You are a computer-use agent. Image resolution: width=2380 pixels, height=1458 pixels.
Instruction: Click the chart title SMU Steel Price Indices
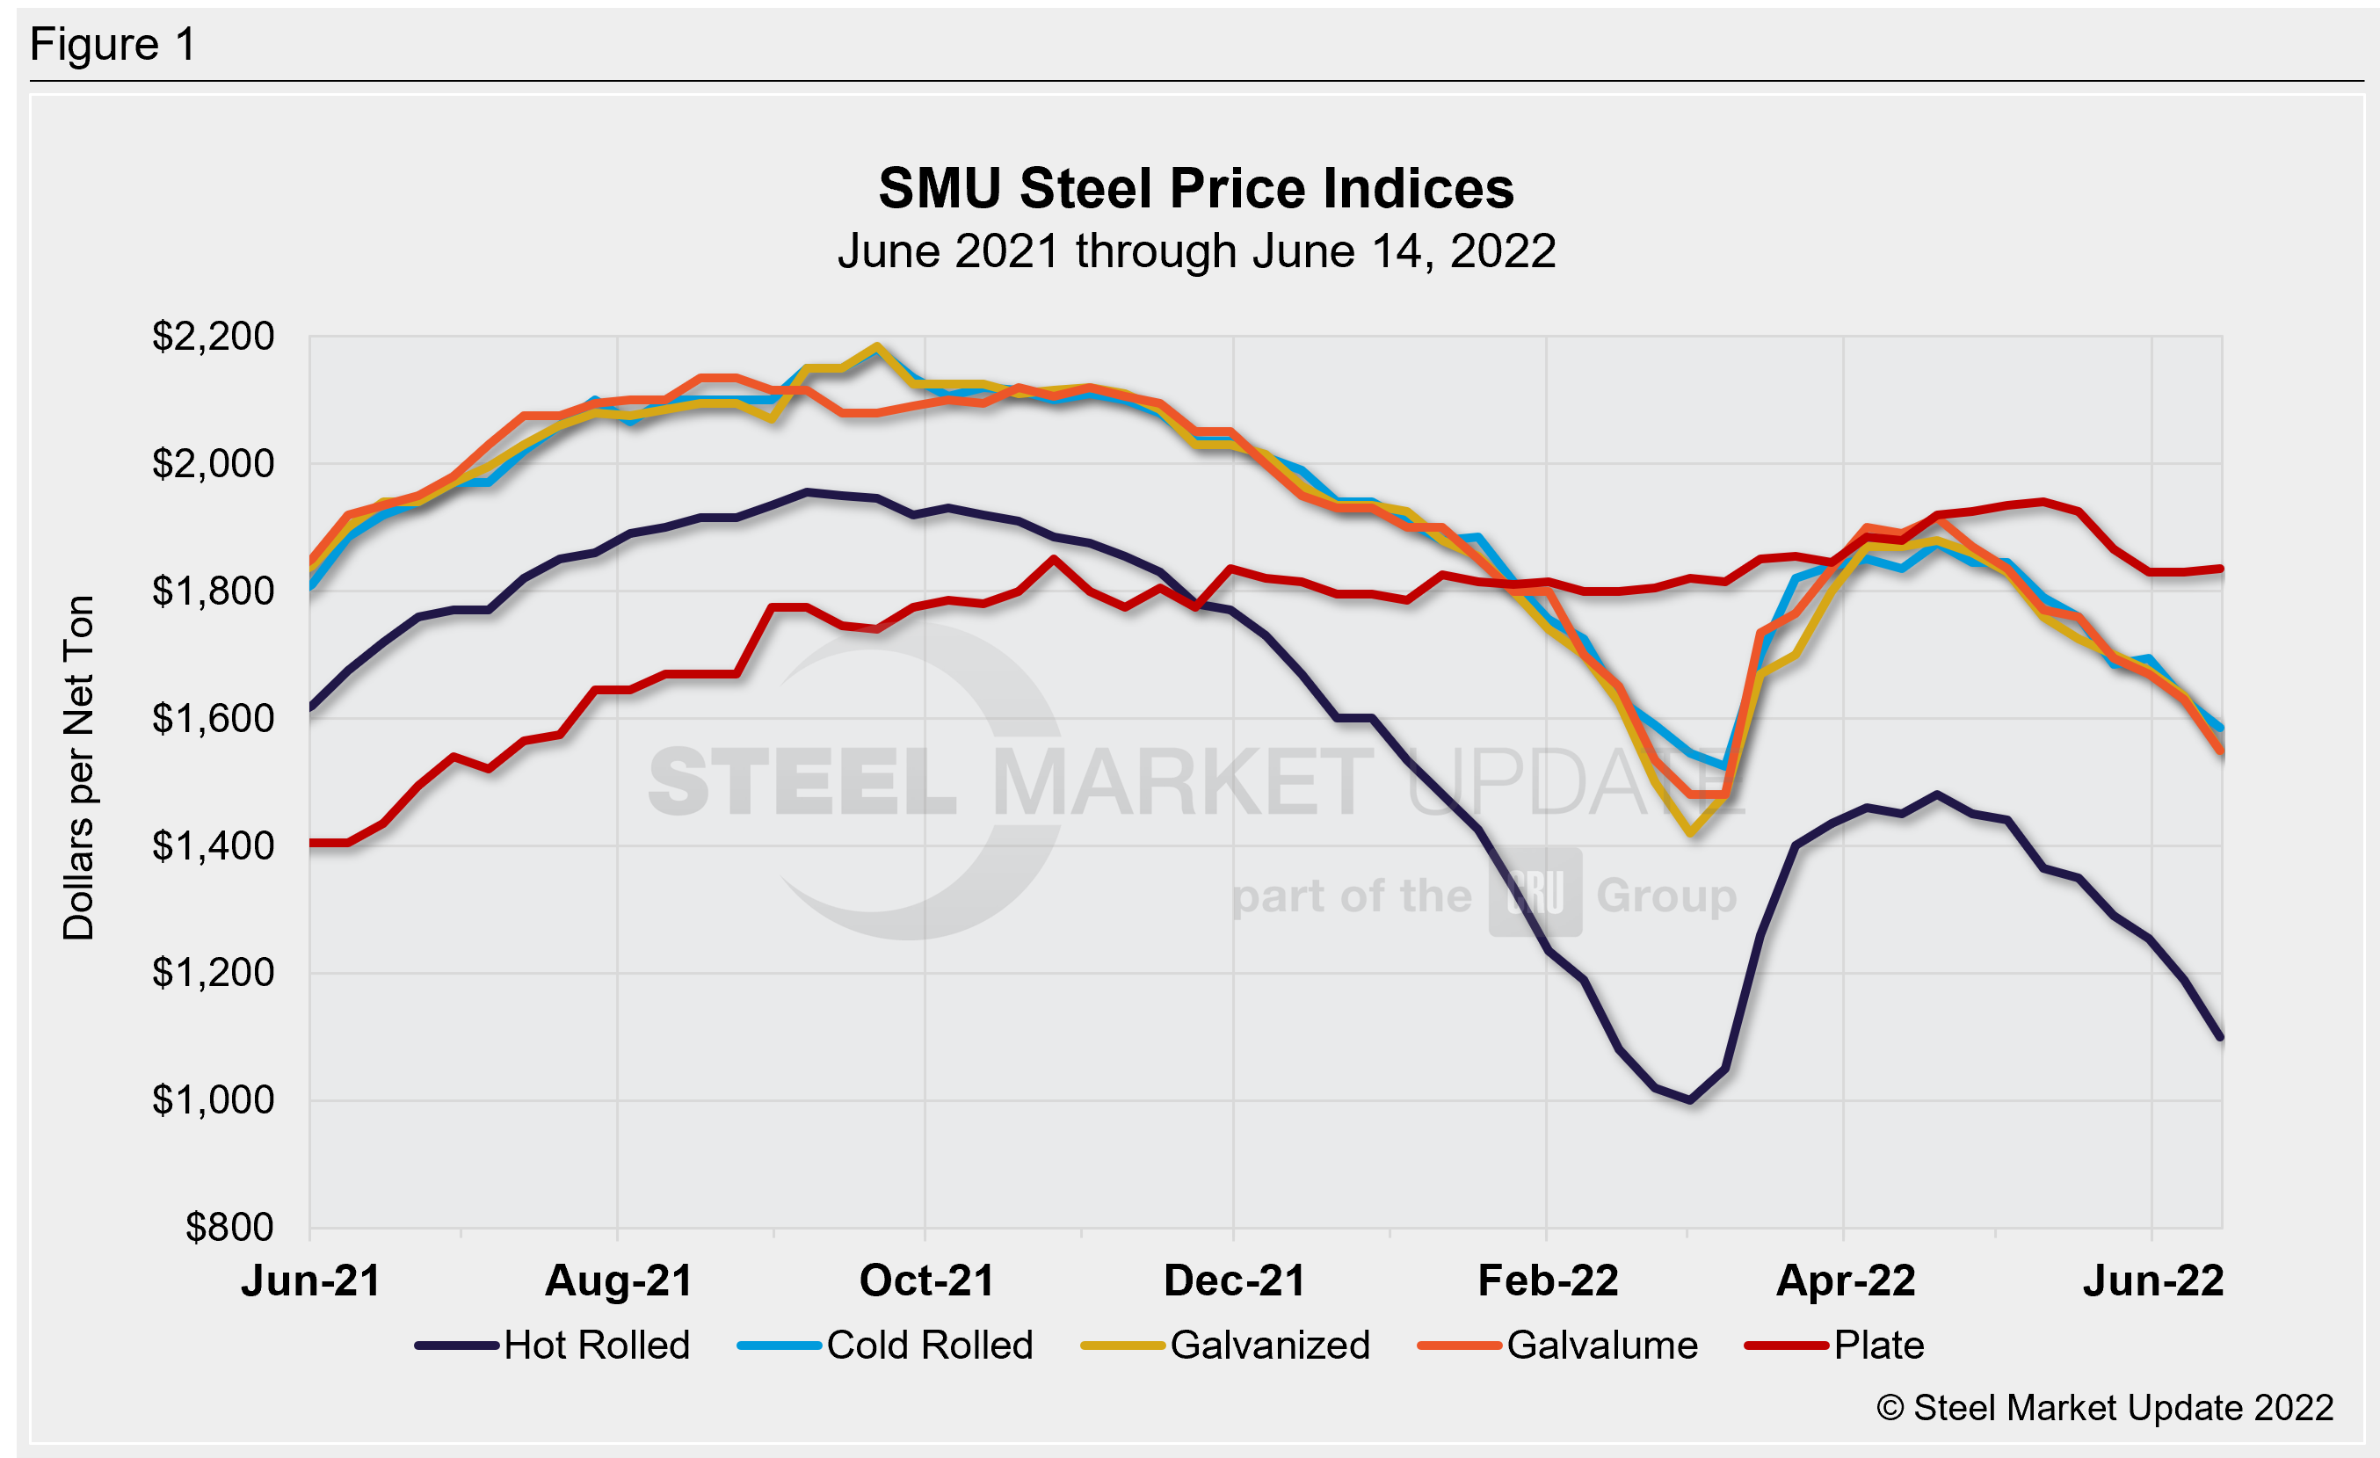point(1196,188)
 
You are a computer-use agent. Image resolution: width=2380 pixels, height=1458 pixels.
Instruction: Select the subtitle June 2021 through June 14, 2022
point(1196,252)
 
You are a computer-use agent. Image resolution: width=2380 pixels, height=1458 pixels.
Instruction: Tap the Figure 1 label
point(113,45)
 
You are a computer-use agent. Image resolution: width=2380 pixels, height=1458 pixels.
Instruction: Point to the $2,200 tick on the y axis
point(213,337)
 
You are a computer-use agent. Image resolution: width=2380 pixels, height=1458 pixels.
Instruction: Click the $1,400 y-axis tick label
point(213,845)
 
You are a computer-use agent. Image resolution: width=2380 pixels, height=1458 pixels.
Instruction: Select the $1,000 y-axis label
point(213,1099)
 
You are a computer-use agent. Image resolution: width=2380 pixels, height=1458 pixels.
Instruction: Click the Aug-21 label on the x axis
point(618,1281)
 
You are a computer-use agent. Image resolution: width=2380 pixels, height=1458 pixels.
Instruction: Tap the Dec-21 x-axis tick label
point(1235,1281)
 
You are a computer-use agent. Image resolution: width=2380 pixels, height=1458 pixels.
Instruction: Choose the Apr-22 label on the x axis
point(1845,1281)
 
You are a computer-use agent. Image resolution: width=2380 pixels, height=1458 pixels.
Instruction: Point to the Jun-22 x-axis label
point(2153,1281)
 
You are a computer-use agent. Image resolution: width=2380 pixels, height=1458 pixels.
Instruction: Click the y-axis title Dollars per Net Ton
point(78,767)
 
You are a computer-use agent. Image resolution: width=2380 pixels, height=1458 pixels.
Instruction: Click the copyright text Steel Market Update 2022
point(2105,1408)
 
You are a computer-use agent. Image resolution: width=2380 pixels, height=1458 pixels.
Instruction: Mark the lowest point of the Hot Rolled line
point(1689,1099)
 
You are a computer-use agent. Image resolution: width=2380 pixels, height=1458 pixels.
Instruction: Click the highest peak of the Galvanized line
point(876,345)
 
